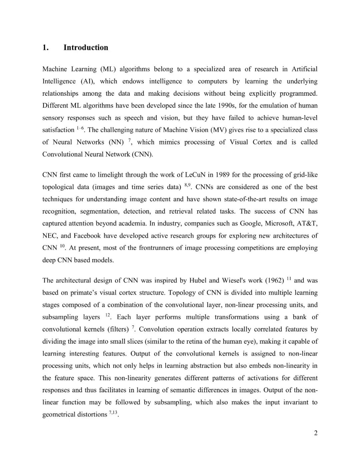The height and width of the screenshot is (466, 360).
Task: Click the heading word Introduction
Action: coord(86,47)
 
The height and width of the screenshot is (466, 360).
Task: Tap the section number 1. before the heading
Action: coord(46,47)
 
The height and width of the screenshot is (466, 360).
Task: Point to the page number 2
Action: coord(316,433)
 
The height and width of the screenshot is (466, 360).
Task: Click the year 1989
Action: coord(223,175)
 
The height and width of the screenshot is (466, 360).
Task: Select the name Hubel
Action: coord(198,281)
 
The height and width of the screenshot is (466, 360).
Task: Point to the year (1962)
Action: coord(275,281)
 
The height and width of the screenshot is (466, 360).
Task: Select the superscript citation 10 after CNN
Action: coord(62,246)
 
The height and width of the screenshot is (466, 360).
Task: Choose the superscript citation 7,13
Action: coord(113,412)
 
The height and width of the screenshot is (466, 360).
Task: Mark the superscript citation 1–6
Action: coord(80,128)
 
